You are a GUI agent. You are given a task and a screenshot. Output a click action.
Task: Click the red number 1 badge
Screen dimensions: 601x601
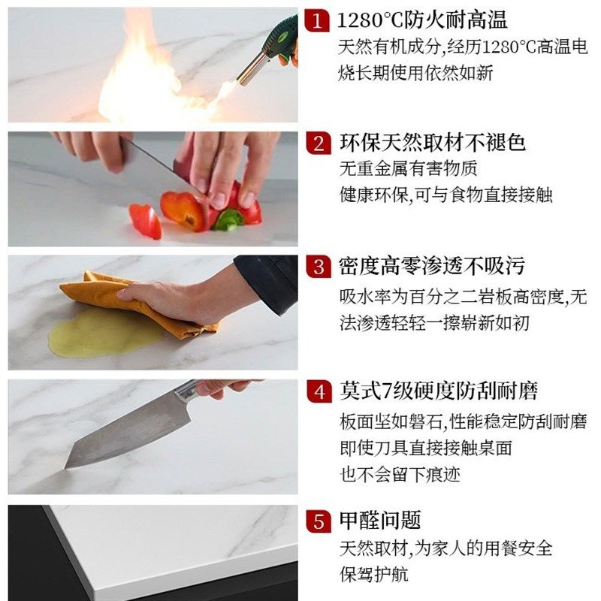tap(319, 20)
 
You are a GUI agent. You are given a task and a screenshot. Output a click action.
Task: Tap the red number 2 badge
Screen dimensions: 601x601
tap(319, 143)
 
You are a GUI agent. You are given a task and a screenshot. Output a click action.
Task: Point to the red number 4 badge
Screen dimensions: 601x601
tap(319, 391)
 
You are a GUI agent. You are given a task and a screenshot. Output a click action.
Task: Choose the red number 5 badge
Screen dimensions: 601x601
tap(319, 521)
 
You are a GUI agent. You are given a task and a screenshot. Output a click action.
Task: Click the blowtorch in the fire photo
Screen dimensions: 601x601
tap(267, 53)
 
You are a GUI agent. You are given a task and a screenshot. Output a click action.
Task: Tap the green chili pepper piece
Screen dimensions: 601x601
tap(228, 219)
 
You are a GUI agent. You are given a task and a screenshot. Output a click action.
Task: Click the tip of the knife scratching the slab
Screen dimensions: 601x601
tap(68, 466)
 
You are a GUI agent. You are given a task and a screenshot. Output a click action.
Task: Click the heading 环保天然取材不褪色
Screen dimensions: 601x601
tap(432, 143)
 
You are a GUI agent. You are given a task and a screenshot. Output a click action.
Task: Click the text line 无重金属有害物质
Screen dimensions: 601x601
tap(408, 168)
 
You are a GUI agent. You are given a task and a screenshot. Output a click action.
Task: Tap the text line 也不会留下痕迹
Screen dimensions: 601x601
tap(400, 474)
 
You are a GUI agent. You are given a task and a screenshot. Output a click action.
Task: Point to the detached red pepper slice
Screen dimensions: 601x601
tap(145, 221)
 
